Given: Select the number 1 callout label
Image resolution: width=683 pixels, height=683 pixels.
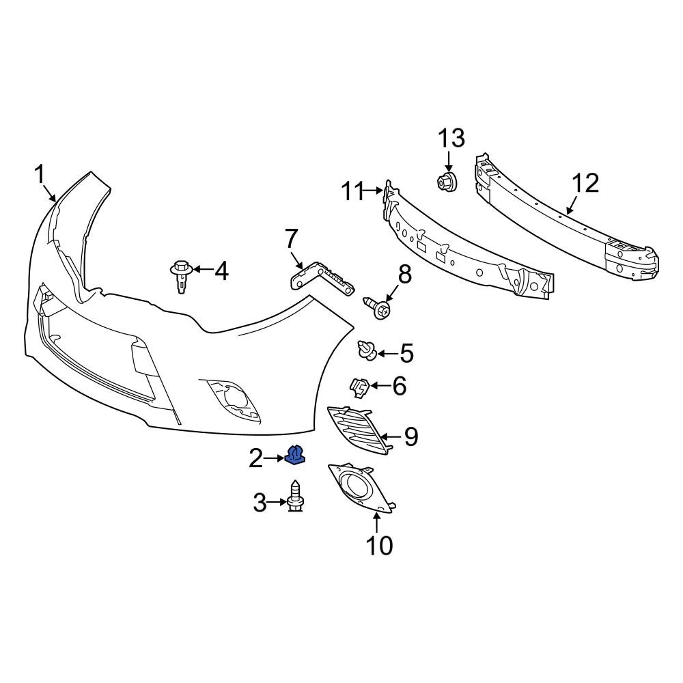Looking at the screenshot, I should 40,174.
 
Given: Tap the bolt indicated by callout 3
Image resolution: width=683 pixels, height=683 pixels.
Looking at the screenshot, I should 296,497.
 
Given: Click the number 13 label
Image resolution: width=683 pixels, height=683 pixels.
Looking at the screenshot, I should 451,138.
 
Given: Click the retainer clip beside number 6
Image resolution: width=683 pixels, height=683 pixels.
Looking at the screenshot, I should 360,387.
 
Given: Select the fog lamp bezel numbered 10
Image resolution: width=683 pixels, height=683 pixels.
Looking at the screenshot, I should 359,488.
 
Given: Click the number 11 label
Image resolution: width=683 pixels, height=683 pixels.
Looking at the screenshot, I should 357,192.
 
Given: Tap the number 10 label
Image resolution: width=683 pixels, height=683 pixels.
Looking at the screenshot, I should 378,545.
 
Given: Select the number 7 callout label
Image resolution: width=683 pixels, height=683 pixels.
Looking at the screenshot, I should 291,239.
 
